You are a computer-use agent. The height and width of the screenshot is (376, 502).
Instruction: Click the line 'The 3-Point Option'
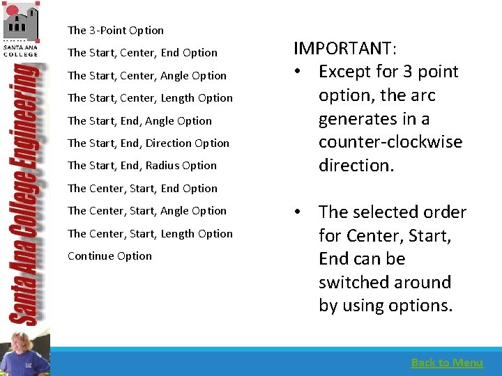(116, 31)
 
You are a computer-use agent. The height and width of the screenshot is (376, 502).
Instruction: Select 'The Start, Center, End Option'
(142, 53)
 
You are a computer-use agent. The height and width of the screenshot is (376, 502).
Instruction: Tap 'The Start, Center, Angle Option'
(147, 76)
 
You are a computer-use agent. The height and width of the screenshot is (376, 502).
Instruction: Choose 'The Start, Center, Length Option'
(150, 98)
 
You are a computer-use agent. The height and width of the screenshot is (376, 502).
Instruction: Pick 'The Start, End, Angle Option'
(139, 121)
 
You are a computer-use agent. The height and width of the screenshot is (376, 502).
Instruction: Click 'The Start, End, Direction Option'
(149, 143)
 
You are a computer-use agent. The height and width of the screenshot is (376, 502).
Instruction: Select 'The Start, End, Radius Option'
(142, 166)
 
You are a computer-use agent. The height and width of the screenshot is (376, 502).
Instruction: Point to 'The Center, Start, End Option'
(142, 189)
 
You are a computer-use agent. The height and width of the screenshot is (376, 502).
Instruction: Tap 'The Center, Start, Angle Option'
(147, 211)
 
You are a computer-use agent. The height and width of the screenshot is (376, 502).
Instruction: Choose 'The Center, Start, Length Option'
(150, 234)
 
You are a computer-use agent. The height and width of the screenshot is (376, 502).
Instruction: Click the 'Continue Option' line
(109, 256)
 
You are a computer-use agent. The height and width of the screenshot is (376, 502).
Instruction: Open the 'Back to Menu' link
(447, 362)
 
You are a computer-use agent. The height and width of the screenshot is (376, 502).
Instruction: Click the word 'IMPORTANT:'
(345, 48)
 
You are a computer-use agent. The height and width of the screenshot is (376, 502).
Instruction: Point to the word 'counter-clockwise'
(390, 142)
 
